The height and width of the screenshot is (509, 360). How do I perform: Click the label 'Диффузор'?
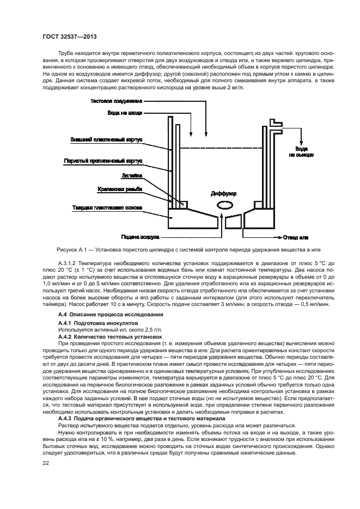tap(223, 193)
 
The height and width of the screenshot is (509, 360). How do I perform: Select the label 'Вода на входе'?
tap(125, 113)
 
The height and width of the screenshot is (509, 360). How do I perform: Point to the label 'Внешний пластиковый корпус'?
tap(107, 139)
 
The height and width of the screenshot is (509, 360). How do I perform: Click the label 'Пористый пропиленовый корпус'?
tap(104, 161)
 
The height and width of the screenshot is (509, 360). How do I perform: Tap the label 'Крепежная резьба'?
tap(121, 189)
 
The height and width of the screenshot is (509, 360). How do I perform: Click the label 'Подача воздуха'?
tap(141, 237)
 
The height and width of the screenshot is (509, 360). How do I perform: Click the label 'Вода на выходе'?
tap(301, 151)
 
